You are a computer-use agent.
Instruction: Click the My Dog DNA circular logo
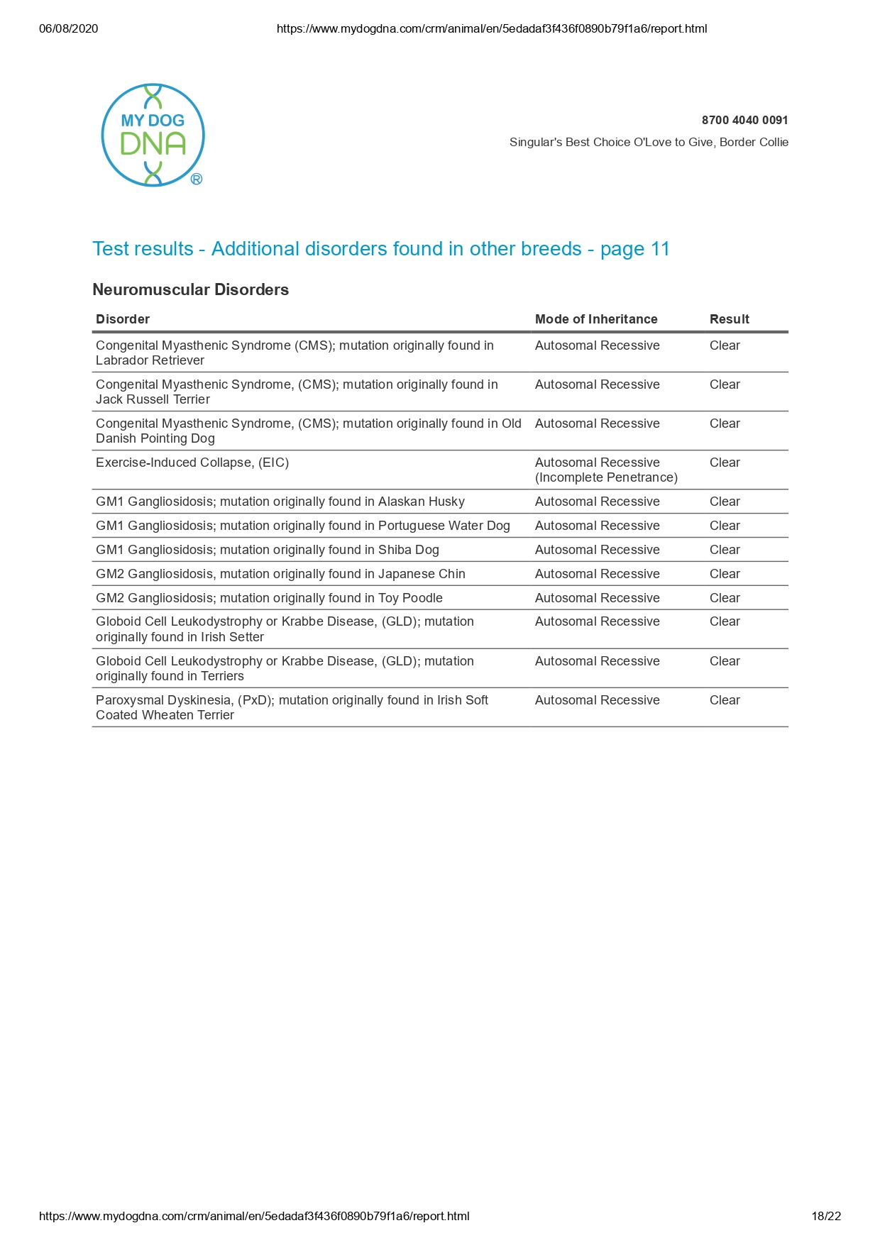click(x=153, y=135)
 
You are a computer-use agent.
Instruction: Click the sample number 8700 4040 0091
click(x=744, y=120)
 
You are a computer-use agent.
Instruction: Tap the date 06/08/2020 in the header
click(x=69, y=29)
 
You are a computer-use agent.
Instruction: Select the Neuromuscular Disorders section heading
click(x=190, y=289)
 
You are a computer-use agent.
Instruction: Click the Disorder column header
click(x=123, y=319)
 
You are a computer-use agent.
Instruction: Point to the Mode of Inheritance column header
click(x=596, y=319)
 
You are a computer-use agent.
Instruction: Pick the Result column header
click(x=729, y=319)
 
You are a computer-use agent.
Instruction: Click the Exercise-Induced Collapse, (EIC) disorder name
click(x=192, y=463)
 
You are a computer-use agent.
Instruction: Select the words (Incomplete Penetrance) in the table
click(x=606, y=477)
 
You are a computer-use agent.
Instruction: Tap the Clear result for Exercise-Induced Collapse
click(x=725, y=463)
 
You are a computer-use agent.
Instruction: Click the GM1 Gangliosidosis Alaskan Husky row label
click(x=280, y=502)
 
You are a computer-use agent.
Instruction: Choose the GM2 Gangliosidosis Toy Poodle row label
click(x=269, y=598)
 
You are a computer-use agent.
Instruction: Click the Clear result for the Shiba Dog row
click(x=725, y=550)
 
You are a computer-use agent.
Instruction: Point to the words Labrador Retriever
click(x=150, y=360)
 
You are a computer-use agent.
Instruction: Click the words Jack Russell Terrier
click(x=153, y=399)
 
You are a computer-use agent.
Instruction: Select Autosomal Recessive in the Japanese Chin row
click(x=597, y=574)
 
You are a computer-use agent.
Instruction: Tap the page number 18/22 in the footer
click(x=826, y=1216)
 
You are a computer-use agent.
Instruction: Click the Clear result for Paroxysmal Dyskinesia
click(x=725, y=700)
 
